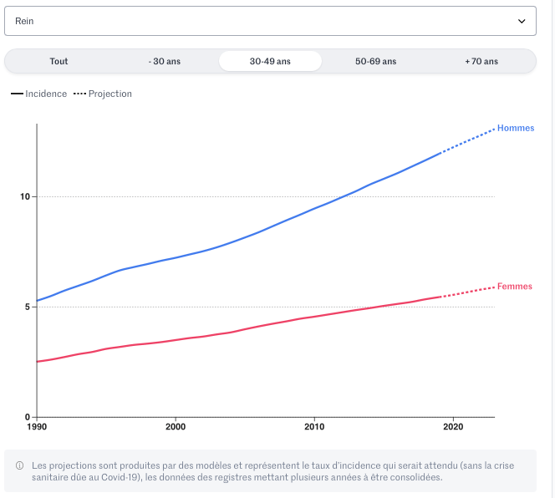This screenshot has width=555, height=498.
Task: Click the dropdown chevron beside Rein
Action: [x=522, y=21]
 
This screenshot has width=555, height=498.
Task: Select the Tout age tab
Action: [x=59, y=61]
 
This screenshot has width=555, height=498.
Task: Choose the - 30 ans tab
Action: [x=164, y=61]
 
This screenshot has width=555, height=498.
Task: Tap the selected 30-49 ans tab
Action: [x=270, y=61]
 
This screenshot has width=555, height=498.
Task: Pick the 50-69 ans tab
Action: [x=375, y=61]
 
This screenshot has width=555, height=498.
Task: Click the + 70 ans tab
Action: [x=481, y=61]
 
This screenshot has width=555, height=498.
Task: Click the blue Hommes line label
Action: [x=515, y=128]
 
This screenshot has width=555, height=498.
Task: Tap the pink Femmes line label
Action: [x=514, y=287]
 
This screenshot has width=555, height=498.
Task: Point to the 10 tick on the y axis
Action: [x=25, y=197]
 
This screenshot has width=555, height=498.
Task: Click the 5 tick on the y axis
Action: [x=28, y=307]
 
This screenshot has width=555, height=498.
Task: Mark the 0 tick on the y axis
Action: [x=28, y=417]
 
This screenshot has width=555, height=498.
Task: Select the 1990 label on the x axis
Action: [x=37, y=427]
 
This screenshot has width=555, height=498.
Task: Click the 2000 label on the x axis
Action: [x=175, y=427]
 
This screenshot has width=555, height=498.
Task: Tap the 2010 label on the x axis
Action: [x=313, y=427]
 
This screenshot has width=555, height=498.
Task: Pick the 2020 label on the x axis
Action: [x=452, y=427]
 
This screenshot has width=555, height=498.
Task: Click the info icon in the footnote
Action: [x=19, y=465]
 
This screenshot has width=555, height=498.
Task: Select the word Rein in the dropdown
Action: [x=25, y=21]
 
